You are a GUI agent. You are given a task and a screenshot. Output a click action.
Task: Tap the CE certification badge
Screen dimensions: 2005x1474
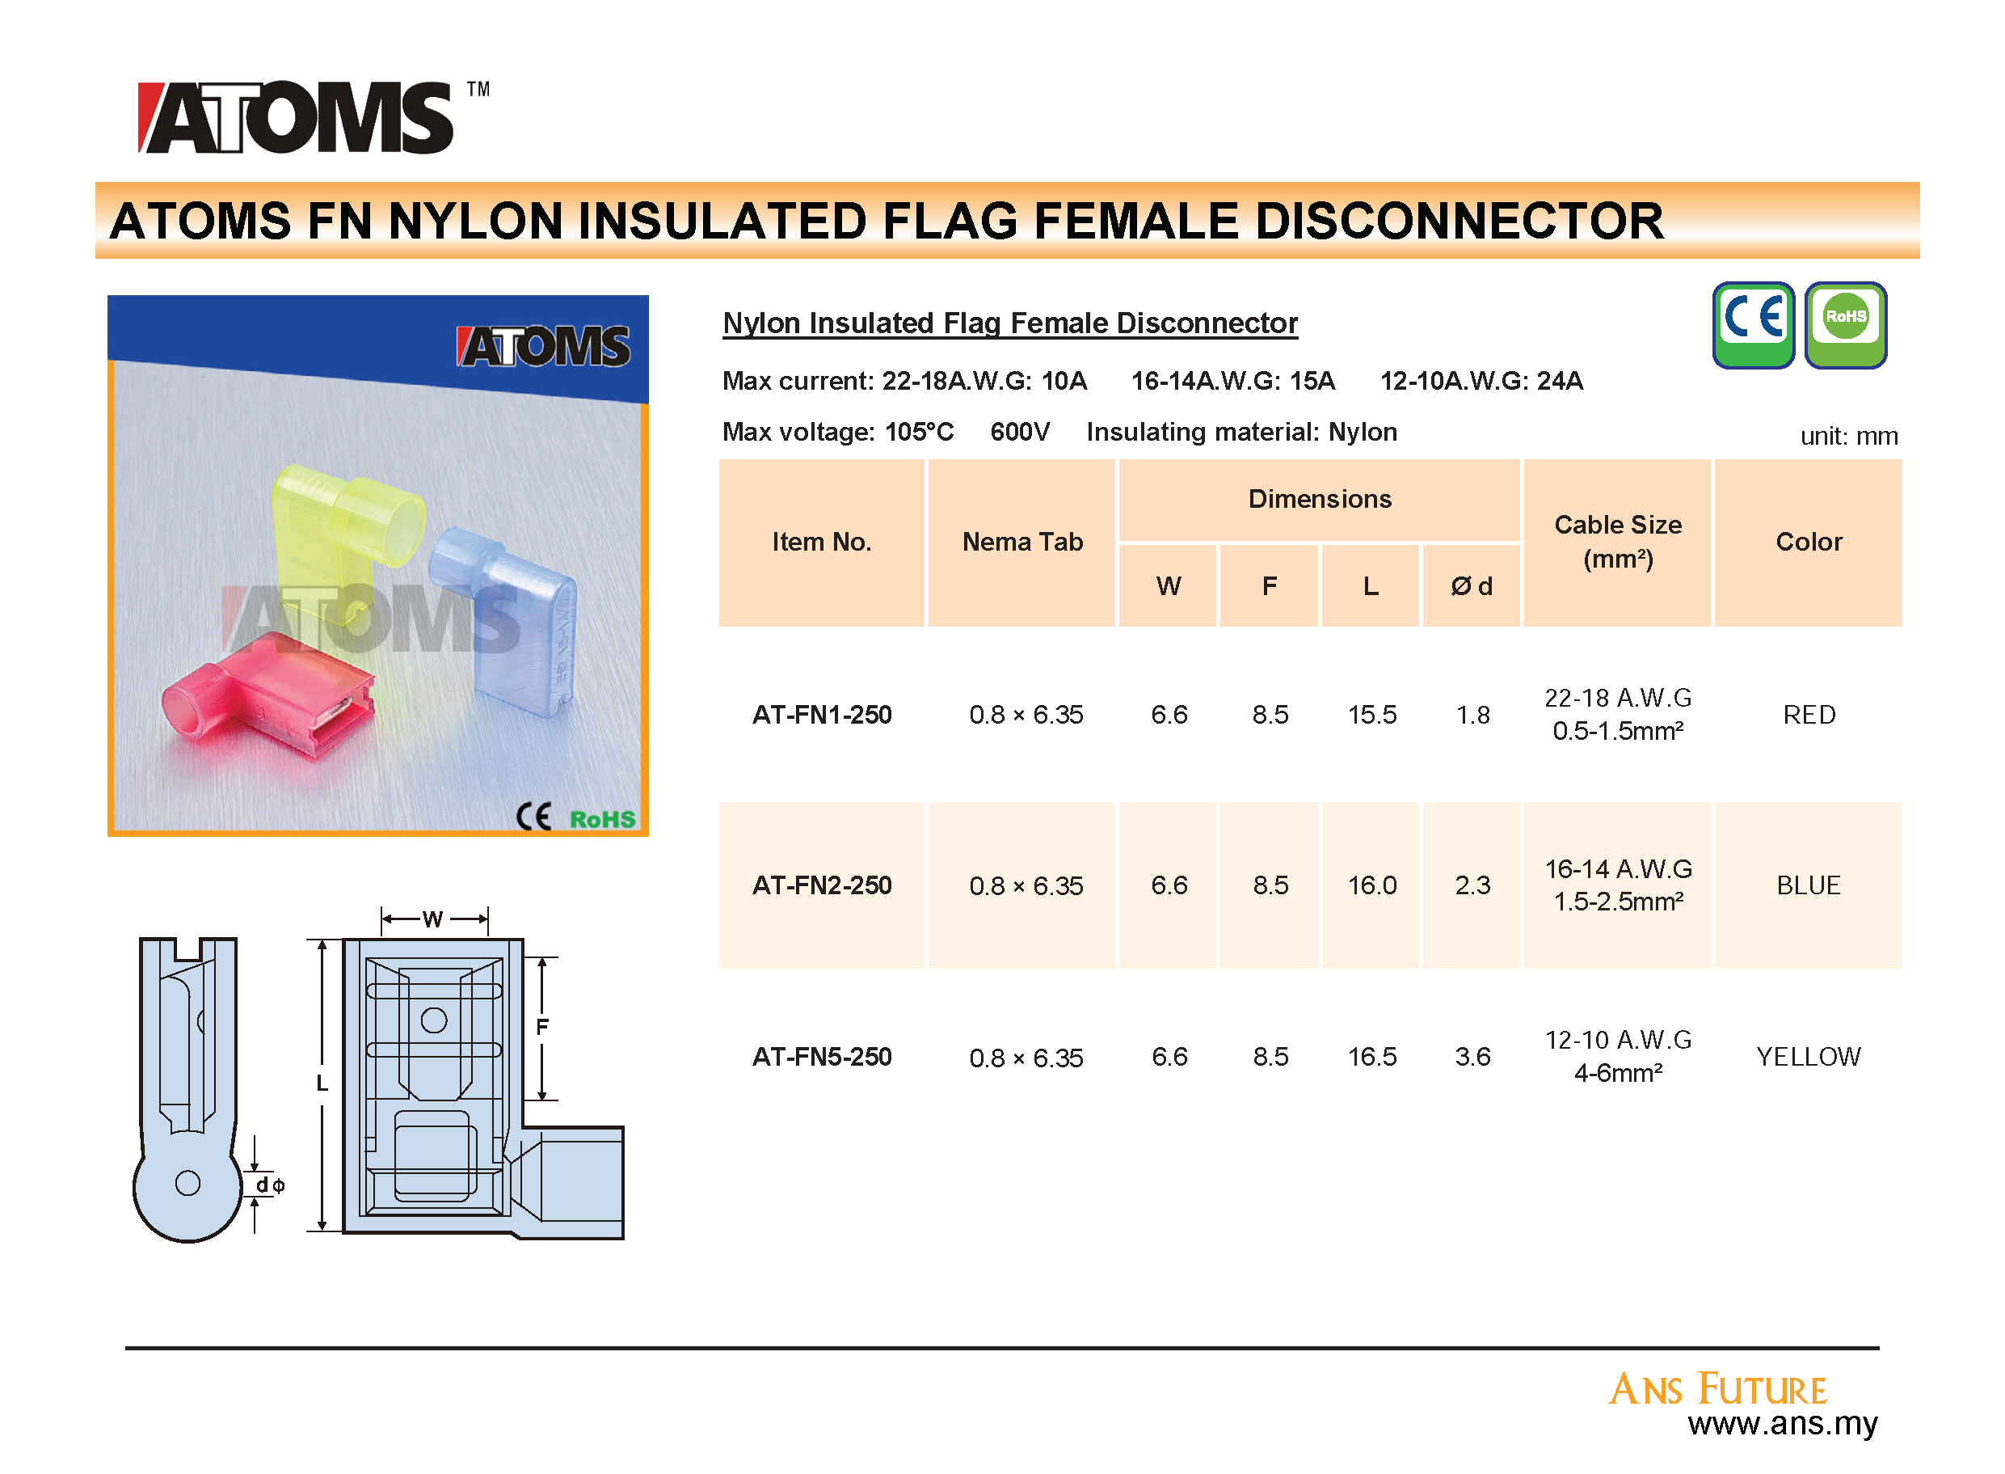1752,325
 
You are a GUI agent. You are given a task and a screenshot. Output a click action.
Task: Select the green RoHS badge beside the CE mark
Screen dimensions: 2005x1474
1844,325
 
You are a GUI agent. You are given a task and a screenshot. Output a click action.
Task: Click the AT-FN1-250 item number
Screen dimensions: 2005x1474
821,714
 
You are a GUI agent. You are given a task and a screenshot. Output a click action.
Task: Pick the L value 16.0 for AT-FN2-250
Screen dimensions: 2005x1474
1371,885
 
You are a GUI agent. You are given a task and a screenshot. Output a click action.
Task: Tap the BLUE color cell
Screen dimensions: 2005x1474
1808,885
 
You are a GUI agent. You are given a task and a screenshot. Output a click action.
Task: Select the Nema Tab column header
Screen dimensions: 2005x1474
1022,541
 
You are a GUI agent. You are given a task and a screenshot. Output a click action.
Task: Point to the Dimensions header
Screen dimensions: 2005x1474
1319,498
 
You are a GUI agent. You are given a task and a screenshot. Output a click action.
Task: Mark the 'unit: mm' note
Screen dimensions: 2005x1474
1848,436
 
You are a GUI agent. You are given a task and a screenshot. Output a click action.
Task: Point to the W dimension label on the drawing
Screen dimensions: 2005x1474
432,919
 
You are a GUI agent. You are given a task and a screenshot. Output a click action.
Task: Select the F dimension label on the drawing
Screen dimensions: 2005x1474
541,1026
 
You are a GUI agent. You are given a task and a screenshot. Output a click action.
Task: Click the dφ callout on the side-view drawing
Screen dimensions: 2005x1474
269,1184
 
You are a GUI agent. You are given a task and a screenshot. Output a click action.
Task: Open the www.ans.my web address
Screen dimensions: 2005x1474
1782,1422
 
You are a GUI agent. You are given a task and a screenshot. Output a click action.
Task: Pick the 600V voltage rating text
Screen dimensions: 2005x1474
1019,432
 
